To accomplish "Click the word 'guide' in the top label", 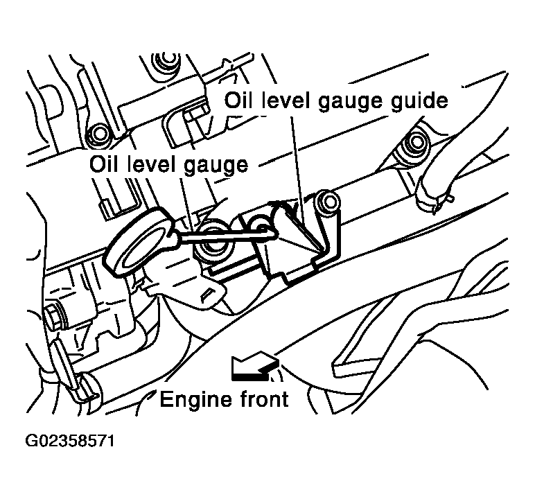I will (414, 101).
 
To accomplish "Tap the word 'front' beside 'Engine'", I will (259, 400).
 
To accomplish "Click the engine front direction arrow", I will (254, 367).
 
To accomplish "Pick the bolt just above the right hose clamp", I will (416, 143).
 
